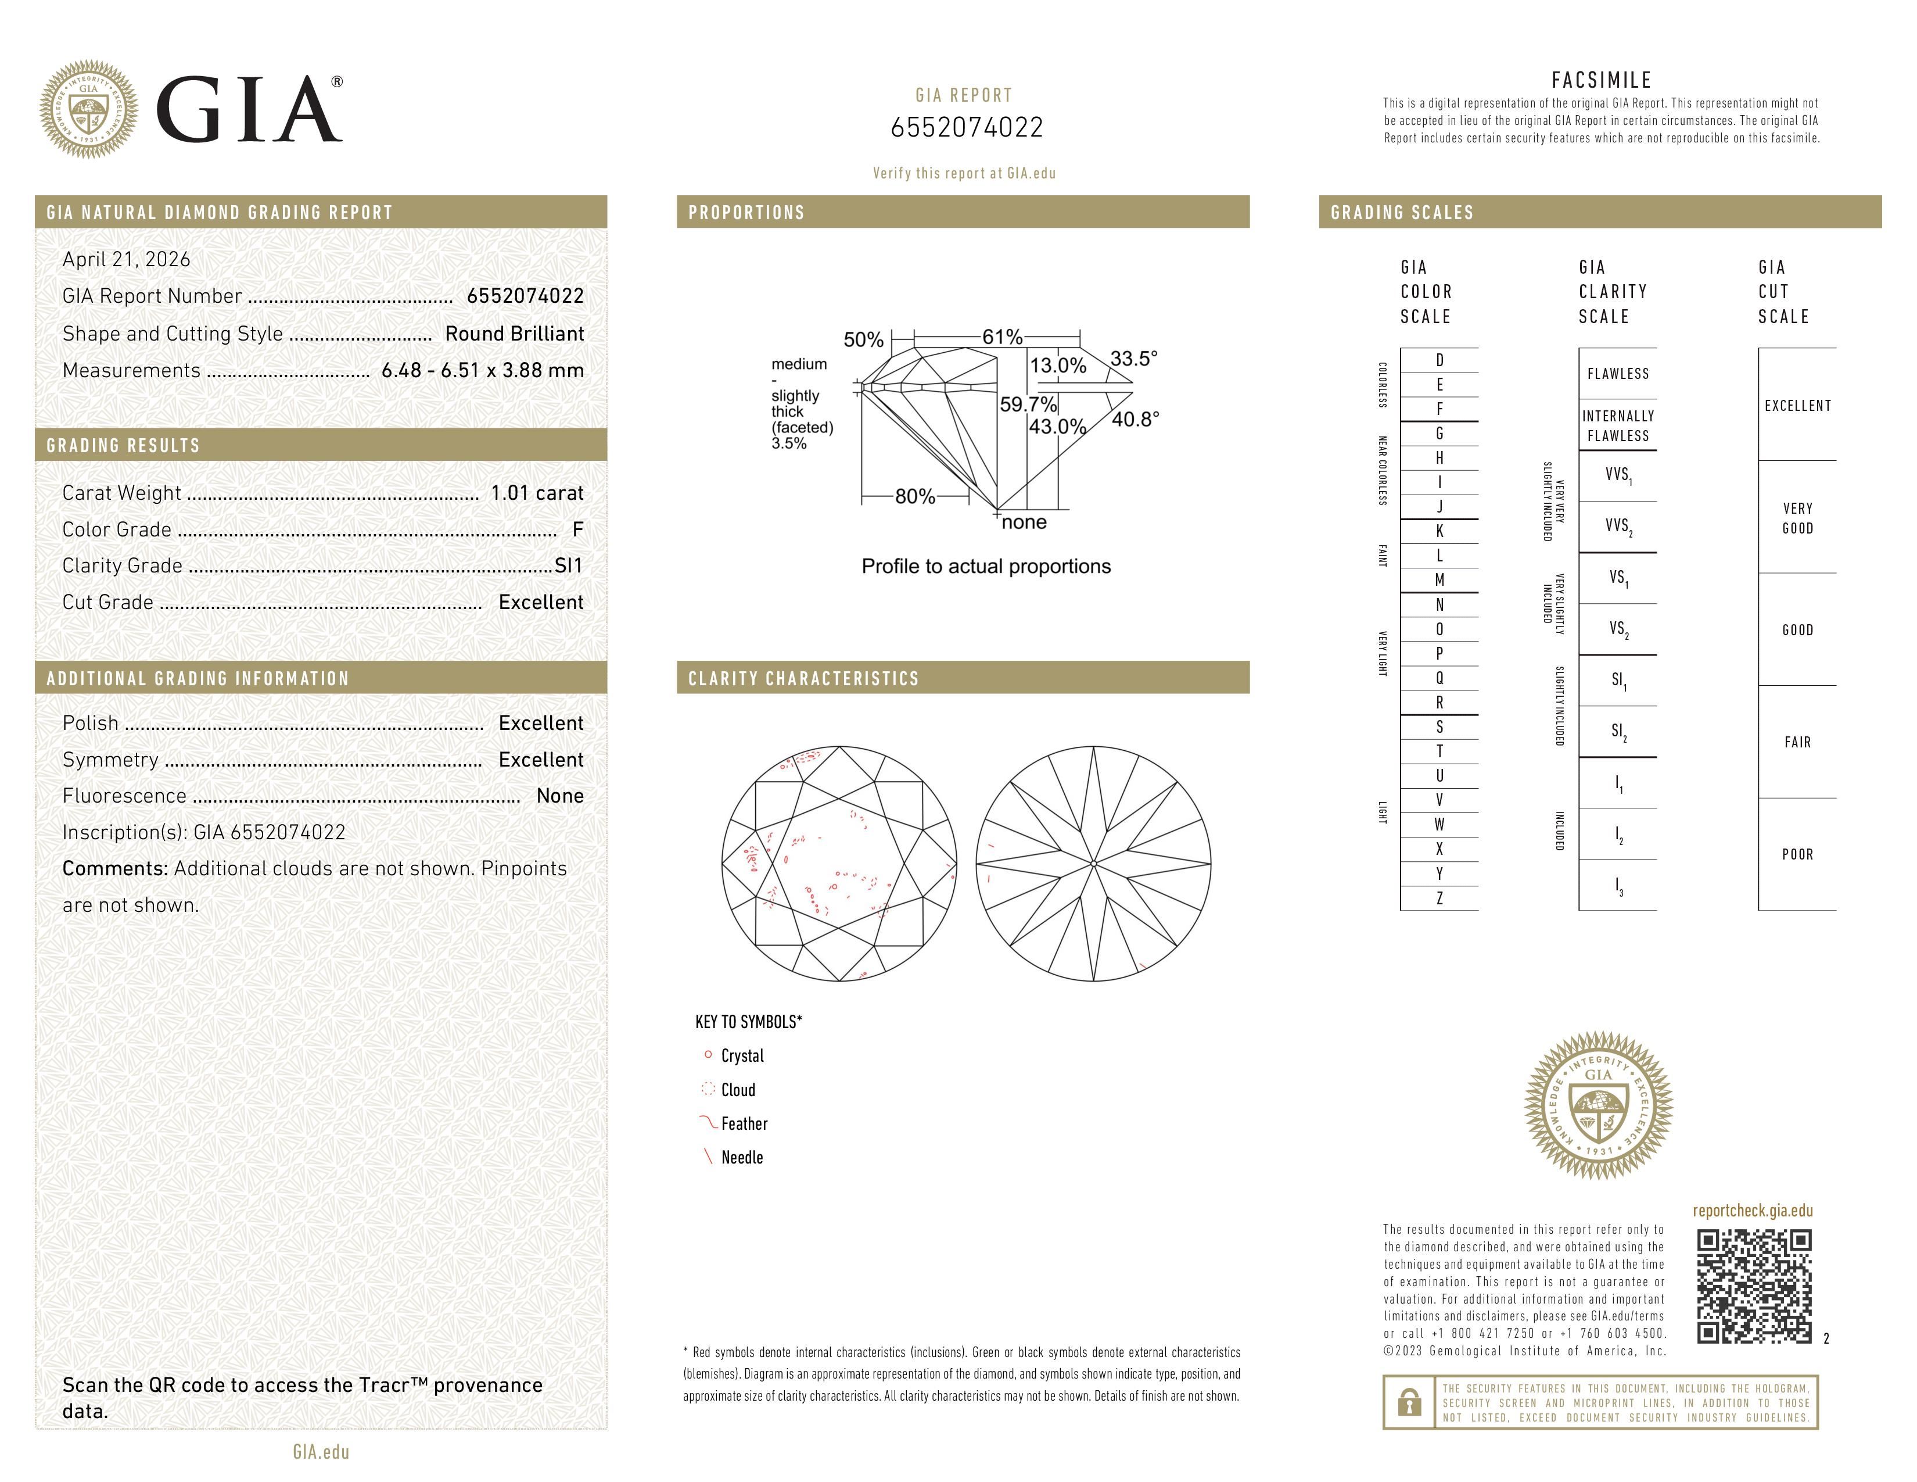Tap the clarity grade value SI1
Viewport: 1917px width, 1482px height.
(569, 565)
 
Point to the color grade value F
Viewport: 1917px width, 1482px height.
(577, 529)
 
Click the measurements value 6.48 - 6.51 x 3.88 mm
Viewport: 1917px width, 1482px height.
(483, 371)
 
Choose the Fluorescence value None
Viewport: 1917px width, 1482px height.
(560, 796)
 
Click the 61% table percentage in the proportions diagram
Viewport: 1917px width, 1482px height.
(1001, 337)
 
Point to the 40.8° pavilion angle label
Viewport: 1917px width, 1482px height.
(1135, 420)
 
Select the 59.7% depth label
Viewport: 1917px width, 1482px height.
(1028, 404)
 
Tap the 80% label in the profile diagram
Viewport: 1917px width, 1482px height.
(914, 497)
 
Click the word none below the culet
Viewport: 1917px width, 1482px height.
(1024, 522)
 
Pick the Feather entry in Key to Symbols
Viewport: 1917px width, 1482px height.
(744, 1124)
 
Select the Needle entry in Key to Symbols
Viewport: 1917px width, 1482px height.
(742, 1157)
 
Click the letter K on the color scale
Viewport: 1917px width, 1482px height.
(1439, 531)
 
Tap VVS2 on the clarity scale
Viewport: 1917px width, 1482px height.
(1618, 527)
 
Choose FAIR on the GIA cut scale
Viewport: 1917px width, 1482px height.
(1797, 742)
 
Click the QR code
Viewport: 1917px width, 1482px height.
(1754, 1286)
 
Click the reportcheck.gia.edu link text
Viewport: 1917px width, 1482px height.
(1752, 1211)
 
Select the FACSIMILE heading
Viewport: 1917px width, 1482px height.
(1601, 80)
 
